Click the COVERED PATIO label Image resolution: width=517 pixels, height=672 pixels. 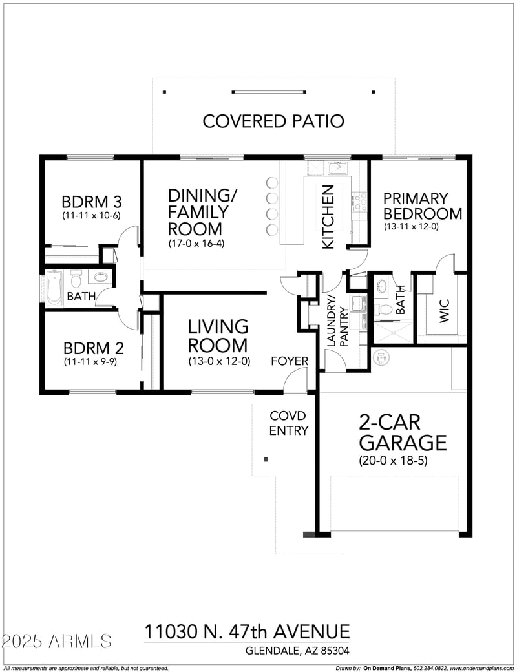point(273,121)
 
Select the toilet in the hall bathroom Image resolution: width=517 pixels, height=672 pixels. point(76,280)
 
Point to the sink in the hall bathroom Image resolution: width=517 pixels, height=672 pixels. point(100,278)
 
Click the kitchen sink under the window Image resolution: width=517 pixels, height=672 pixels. point(337,169)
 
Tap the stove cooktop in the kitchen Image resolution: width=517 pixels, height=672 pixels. point(359,202)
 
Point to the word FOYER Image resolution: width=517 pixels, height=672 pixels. point(289,361)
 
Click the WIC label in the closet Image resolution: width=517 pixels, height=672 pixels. point(444,310)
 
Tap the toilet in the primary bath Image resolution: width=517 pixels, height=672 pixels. point(385,310)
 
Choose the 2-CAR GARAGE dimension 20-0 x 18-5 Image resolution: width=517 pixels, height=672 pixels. point(393,461)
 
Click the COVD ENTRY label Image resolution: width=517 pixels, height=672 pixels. point(288,423)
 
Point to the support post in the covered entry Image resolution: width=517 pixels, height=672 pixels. point(266,459)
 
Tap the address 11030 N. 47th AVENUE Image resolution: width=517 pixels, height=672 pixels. point(247,631)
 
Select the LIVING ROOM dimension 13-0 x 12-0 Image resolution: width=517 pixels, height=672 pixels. point(218,362)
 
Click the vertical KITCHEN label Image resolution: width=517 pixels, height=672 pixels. point(328,216)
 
